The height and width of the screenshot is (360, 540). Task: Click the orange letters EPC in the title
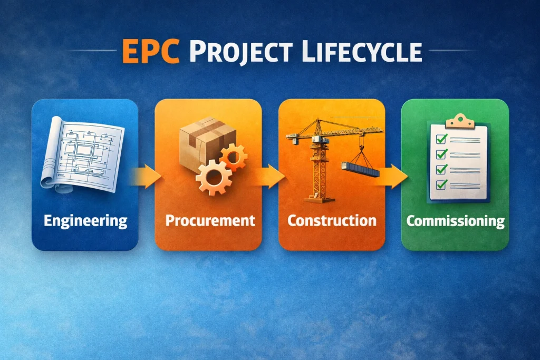point(151,51)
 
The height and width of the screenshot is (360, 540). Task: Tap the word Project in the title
point(240,52)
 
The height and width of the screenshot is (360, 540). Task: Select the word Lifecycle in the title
point(362,52)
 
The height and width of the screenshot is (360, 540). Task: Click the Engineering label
point(85,221)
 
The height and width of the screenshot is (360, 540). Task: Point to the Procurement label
point(210,221)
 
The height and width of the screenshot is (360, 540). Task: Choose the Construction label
point(332,221)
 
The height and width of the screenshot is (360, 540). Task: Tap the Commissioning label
point(455,221)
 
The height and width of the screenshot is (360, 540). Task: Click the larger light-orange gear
point(214,178)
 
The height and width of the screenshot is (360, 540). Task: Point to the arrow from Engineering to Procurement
point(147,177)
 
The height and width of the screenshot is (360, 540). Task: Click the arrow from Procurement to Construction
point(269,177)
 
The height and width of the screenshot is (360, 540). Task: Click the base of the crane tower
point(319,199)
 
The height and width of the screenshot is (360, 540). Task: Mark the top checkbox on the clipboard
point(441,138)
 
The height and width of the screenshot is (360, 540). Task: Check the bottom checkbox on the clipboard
point(441,184)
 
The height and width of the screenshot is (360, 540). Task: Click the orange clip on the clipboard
point(460,121)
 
